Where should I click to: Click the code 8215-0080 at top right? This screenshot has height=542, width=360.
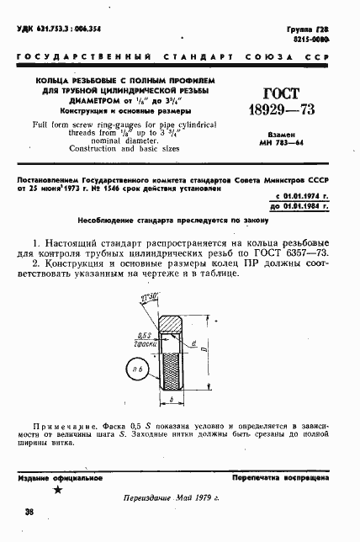click(327, 40)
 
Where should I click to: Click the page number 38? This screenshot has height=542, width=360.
click(29, 511)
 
